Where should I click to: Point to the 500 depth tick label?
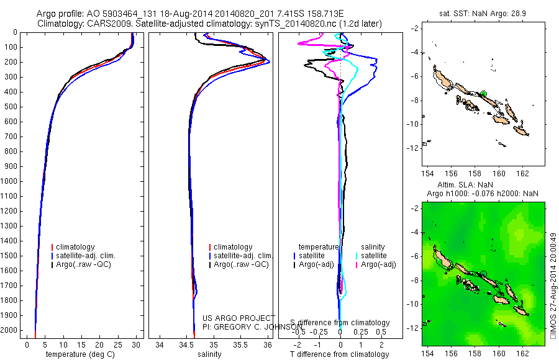pyautogui.click(x=12, y=107)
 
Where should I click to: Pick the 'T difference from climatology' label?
pyautogui.click(x=340, y=354)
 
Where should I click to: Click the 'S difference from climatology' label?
pyautogui.click(x=340, y=323)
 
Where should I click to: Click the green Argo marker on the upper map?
pyautogui.click(x=483, y=94)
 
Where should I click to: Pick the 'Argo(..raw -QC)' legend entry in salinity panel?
pyautogui.click(x=241, y=264)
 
